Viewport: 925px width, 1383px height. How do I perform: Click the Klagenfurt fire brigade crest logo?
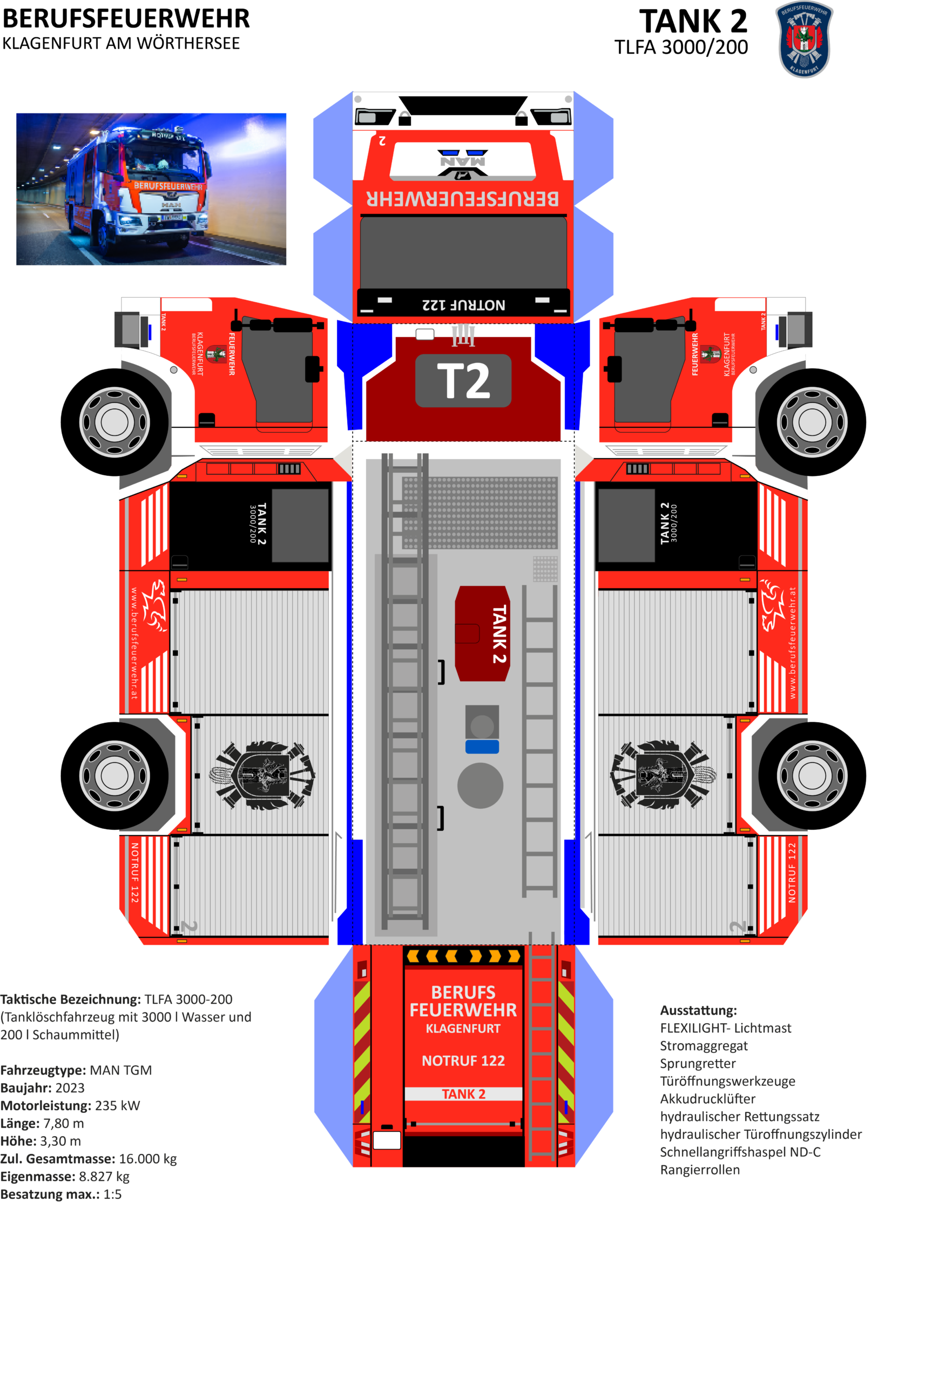pyautogui.click(x=804, y=39)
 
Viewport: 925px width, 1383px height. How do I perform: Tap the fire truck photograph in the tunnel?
pyautogui.click(x=151, y=189)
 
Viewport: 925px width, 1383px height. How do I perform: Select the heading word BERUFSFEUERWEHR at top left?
pyautogui.click(x=126, y=19)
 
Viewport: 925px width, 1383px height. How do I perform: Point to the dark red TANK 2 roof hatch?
pyautogui.click(x=483, y=634)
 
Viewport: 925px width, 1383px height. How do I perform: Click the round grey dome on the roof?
pyautogui.click(x=480, y=786)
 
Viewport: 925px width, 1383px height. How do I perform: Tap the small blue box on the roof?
pyautogui.click(x=482, y=747)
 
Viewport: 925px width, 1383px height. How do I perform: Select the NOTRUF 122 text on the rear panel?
pyautogui.click(x=463, y=1061)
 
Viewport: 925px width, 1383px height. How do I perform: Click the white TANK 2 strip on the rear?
pyautogui.click(x=463, y=1094)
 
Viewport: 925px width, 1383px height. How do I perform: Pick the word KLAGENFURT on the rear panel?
pyautogui.click(x=463, y=1029)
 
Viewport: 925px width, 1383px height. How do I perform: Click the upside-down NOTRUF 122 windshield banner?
pyautogui.click(x=464, y=305)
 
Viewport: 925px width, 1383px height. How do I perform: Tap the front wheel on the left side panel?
pyautogui.click(x=114, y=422)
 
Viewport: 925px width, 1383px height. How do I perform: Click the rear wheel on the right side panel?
pyautogui.click(x=812, y=775)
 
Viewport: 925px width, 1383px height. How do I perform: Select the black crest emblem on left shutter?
pyautogui.click(x=262, y=775)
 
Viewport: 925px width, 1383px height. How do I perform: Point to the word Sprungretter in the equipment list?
pyautogui.click(x=698, y=1063)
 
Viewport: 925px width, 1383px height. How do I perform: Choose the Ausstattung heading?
pyautogui.click(x=698, y=1010)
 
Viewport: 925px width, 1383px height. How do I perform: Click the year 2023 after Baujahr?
pyautogui.click(x=70, y=1088)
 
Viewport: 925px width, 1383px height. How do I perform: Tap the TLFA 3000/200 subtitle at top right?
pyautogui.click(x=681, y=47)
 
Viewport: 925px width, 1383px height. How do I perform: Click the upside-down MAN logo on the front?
pyautogui.click(x=462, y=161)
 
